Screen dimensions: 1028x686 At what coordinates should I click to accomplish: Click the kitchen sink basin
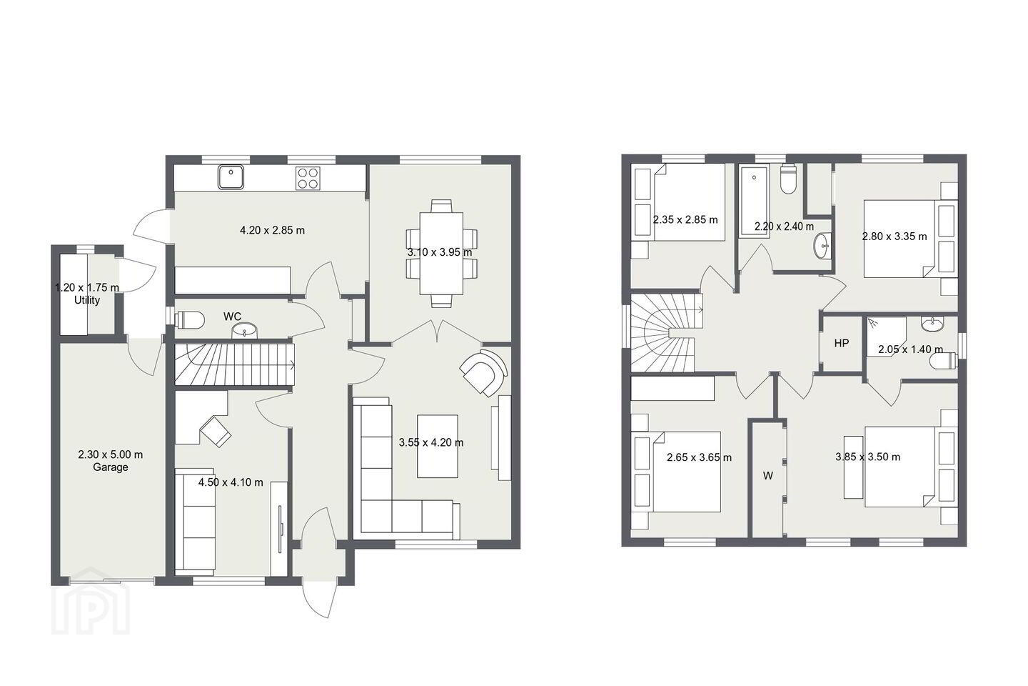coord(231,177)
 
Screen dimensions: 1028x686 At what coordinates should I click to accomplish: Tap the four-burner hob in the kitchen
coord(308,178)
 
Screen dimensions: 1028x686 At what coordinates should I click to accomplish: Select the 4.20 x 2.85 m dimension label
coord(272,230)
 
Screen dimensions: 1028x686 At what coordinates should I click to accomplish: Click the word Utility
coord(87,301)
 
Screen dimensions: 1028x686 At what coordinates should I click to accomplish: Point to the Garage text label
coord(111,467)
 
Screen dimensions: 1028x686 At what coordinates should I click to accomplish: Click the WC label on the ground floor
coord(232,317)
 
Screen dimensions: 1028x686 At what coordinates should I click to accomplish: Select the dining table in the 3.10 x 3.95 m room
coord(441,253)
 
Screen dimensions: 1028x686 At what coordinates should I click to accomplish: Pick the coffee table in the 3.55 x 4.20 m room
coord(438,446)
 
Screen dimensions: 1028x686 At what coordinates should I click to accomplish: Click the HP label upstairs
coord(841,343)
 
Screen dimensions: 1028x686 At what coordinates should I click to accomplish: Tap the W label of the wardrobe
coord(768,476)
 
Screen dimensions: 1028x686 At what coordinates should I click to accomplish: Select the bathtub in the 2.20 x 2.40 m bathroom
coord(754,202)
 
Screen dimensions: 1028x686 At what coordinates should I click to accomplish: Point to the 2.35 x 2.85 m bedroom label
coord(685,220)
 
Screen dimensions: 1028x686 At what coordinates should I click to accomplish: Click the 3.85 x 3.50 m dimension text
coord(867,457)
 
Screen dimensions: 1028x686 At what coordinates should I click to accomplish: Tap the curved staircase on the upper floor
coord(665,333)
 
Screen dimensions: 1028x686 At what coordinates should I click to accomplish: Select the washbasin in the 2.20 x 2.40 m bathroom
coord(823,246)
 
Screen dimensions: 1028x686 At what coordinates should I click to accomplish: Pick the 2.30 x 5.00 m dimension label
coord(110,455)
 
